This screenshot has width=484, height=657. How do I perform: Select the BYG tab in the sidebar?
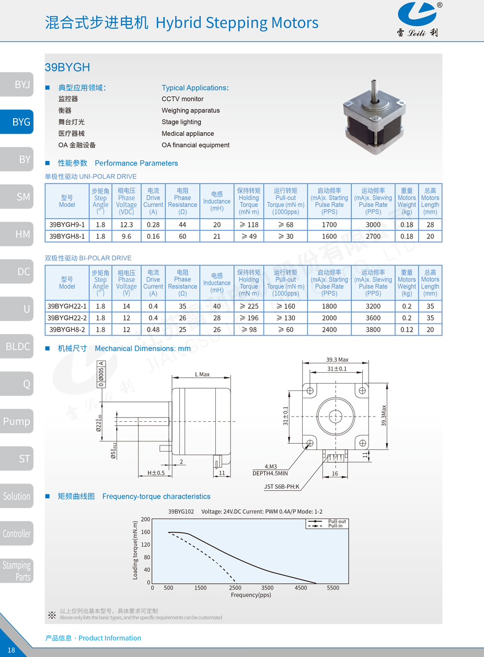[x=21, y=122]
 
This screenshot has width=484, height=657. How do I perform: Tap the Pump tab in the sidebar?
[x=17, y=421]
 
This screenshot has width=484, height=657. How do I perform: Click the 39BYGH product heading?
[x=67, y=67]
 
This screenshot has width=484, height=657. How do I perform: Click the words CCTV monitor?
[x=182, y=99]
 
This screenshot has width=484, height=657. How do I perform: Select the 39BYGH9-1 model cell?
[x=67, y=225]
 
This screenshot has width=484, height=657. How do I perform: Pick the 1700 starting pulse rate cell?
[x=329, y=225]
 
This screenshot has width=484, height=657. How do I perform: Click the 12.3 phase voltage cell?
[x=126, y=225]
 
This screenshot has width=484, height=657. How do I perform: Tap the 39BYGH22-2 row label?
[x=67, y=318]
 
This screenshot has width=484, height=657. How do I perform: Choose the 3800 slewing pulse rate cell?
[x=373, y=329]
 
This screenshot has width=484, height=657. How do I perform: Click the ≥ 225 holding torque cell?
[x=249, y=306]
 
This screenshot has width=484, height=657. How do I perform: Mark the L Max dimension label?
[x=202, y=374]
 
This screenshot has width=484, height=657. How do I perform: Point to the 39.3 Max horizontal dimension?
[x=337, y=360]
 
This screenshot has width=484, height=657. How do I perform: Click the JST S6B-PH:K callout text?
[x=282, y=487]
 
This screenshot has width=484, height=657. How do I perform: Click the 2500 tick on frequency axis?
[x=235, y=588]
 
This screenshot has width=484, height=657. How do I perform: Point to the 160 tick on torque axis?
[x=145, y=532]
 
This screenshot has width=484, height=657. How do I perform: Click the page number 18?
[x=11, y=650]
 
